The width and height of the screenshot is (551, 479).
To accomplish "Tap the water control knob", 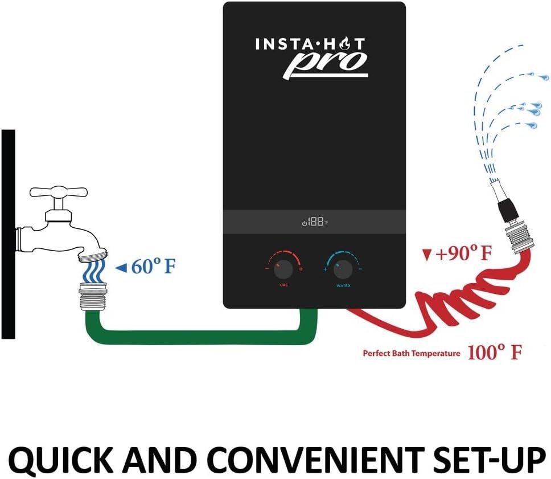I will coord(343,268).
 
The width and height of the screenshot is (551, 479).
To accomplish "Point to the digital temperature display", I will coord(315,222).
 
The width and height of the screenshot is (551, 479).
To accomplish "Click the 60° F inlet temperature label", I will coord(153,267).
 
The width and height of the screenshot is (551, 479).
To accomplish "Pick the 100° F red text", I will coord(494,353).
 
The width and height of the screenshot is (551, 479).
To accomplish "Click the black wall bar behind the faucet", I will coord(8,234).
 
